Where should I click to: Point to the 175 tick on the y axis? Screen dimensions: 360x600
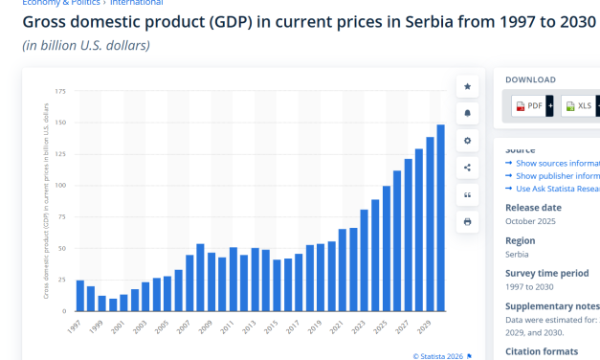pos(60,92)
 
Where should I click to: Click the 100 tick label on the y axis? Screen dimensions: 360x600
pos(60,186)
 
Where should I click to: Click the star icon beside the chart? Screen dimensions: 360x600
pos(467,87)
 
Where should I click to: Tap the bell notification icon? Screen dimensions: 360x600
pos(467,114)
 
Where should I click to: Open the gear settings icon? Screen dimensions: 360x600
pos(467,141)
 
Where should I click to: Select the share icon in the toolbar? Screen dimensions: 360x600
pos(467,168)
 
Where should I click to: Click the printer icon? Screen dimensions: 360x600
pos(467,221)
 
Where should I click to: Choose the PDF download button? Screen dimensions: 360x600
pos(529,106)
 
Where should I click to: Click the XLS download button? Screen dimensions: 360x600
pos(578,106)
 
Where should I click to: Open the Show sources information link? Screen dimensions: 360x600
pos(555,164)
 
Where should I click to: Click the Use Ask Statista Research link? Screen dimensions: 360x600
pos(555,188)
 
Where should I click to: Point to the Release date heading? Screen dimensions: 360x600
pos(533,207)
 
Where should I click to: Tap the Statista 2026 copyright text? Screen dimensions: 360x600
pos(440,356)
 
